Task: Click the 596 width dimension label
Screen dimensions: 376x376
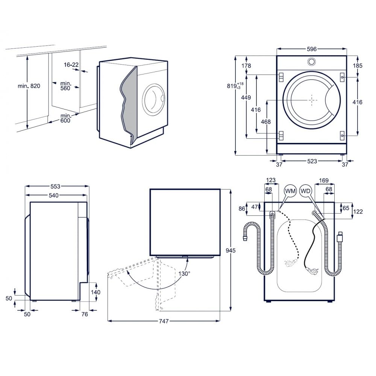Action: (312, 49)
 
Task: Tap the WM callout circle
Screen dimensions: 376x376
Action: (290, 191)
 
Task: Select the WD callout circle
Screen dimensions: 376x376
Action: (305, 191)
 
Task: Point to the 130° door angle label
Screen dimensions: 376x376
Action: (184, 273)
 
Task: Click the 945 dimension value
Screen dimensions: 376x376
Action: (231, 250)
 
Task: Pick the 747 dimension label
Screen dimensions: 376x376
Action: (164, 321)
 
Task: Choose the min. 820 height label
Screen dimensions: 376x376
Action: (29, 86)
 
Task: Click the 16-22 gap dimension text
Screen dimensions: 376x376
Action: (71, 65)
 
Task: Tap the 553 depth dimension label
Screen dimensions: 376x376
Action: (55, 186)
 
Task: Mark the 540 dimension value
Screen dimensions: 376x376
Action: (54, 196)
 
